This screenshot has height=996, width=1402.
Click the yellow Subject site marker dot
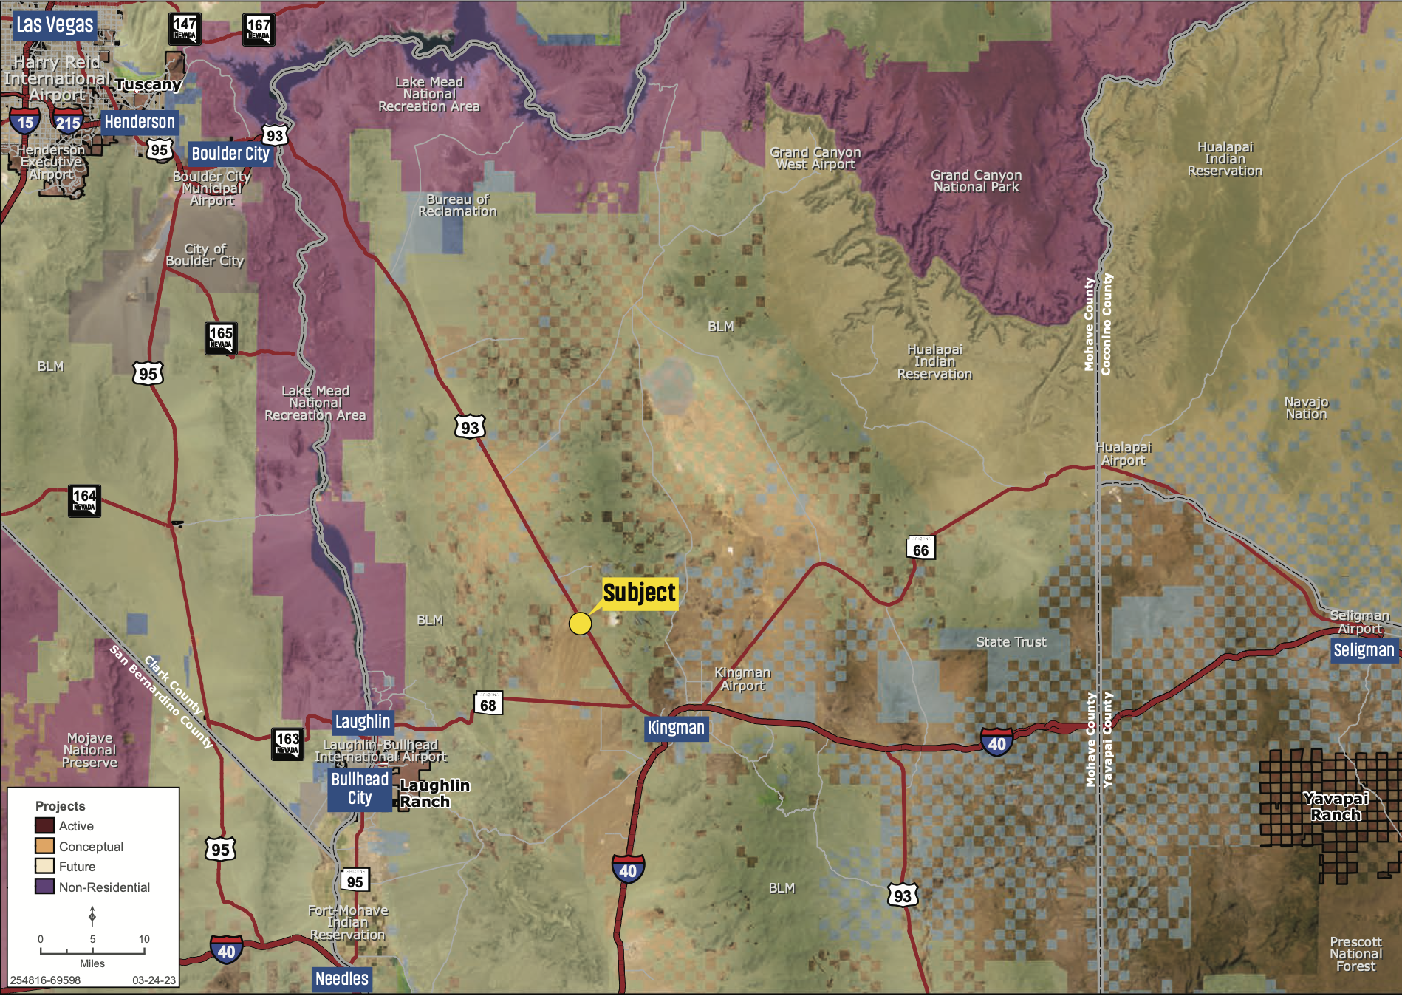[580, 624]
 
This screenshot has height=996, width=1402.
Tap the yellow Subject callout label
[639, 593]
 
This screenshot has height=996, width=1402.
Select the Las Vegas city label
[55, 24]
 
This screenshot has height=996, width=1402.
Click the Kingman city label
[676, 728]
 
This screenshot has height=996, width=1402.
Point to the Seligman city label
[1363, 650]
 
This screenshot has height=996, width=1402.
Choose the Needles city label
[341, 979]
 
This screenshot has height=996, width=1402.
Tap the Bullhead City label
[360, 788]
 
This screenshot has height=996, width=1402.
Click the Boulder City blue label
[230, 154]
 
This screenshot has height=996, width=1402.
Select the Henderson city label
[140, 122]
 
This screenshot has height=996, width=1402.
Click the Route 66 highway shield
[920, 548]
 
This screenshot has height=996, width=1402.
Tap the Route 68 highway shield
[488, 703]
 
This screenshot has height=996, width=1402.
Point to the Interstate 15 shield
[25, 121]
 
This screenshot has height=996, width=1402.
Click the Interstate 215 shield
[68, 121]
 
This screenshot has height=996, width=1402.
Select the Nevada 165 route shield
[221, 338]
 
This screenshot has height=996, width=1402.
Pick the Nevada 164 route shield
[84, 500]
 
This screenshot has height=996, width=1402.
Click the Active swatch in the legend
[44, 825]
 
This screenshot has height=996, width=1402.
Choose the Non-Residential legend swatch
[44, 886]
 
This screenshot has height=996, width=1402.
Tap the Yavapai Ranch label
[1336, 806]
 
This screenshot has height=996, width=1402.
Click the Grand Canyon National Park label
[976, 181]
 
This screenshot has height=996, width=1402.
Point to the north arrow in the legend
[92, 915]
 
